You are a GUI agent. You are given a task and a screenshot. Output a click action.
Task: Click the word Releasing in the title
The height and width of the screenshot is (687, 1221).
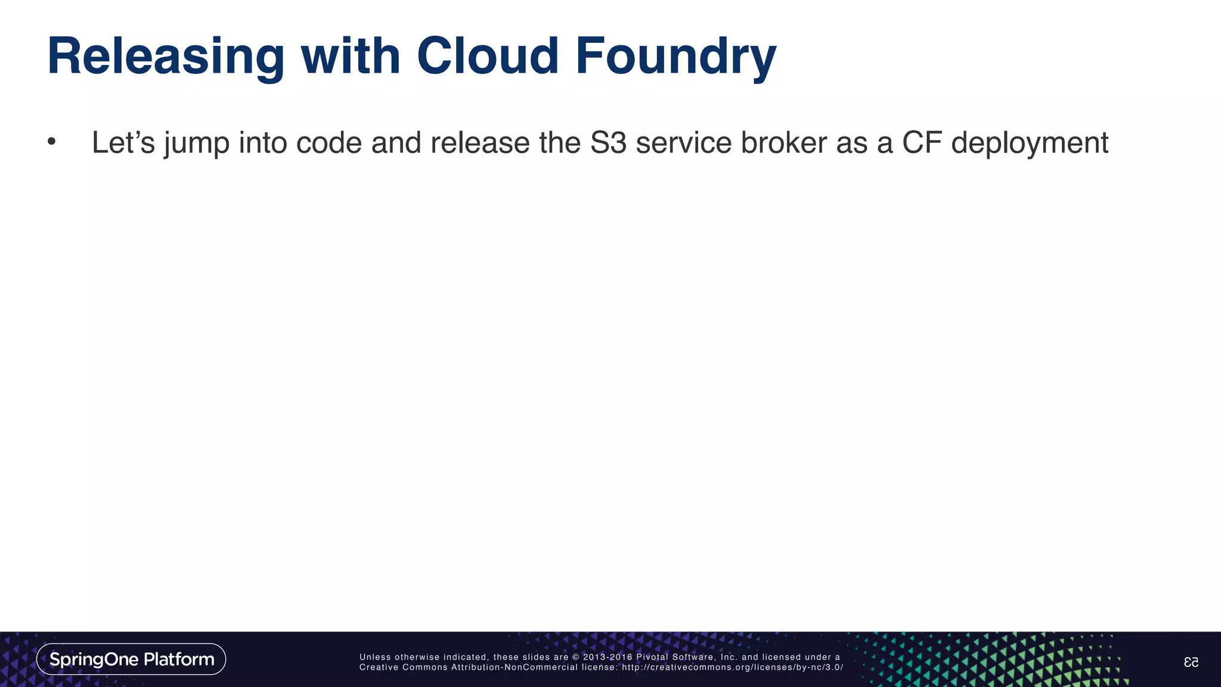(165, 57)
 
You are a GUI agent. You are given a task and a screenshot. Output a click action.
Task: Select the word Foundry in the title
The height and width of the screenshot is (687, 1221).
(675, 57)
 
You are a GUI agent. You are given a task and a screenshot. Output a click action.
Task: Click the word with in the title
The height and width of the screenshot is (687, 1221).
(350, 56)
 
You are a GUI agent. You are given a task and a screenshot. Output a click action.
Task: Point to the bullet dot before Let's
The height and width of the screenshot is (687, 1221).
(51, 142)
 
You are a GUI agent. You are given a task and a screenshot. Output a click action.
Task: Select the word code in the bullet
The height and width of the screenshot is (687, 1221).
(329, 143)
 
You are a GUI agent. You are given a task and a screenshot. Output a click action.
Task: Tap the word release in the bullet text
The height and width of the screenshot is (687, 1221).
(480, 143)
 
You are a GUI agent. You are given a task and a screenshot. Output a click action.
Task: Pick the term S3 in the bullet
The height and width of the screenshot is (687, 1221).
(608, 143)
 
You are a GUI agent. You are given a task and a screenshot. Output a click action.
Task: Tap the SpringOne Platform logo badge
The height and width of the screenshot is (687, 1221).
(131, 659)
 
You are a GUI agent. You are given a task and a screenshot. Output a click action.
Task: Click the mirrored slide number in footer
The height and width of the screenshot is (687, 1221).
(1191, 662)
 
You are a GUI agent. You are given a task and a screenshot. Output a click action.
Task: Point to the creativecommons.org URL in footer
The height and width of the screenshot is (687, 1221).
(732, 667)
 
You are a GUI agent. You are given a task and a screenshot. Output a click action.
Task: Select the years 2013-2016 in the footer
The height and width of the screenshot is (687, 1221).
(607, 657)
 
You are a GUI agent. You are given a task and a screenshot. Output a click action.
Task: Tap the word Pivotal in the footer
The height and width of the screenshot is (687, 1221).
(652, 657)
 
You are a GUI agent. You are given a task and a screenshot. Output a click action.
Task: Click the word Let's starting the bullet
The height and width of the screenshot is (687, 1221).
(123, 143)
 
